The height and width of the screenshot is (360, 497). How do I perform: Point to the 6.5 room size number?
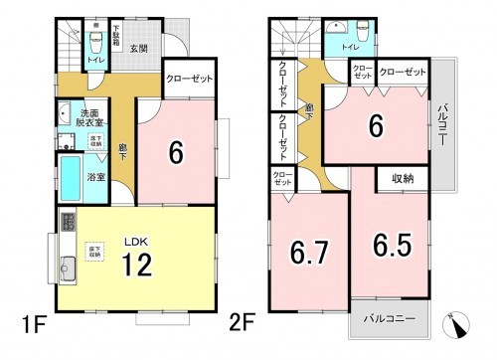pyautogui.click(x=394, y=245)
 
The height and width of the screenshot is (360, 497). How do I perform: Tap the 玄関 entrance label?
pyautogui.click(x=136, y=47)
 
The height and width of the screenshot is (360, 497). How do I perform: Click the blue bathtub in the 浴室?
pyautogui.click(x=71, y=179)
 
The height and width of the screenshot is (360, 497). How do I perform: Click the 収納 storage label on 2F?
pyautogui.click(x=403, y=179)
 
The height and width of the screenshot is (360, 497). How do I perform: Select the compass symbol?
pyautogui.click(x=459, y=323)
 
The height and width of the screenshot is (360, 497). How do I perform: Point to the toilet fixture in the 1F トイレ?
pyautogui.click(x=96, y=43)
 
